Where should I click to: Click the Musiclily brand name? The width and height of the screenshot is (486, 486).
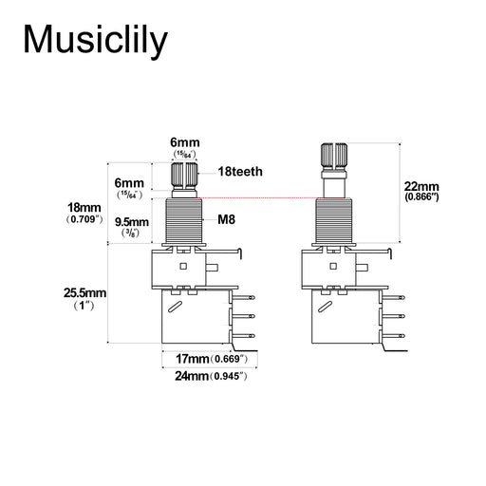[x=95, y=41]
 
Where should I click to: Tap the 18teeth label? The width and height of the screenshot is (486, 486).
[x=240, y=172]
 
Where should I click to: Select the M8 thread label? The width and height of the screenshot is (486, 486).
[x=226, y=219]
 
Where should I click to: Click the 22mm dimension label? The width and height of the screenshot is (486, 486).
[x=421, y=186]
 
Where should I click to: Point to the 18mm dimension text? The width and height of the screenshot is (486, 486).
[x=84, y=208]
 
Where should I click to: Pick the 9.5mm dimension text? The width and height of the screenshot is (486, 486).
[x=132, y=222]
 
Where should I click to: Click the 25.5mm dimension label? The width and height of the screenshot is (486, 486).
[x=84, y=293]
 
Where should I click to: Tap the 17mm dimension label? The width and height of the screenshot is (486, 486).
[x=193, y=359]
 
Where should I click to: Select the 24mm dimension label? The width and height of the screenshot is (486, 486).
[x=192, y=376]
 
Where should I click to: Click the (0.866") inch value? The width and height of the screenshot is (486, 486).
[x=421, y=197]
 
